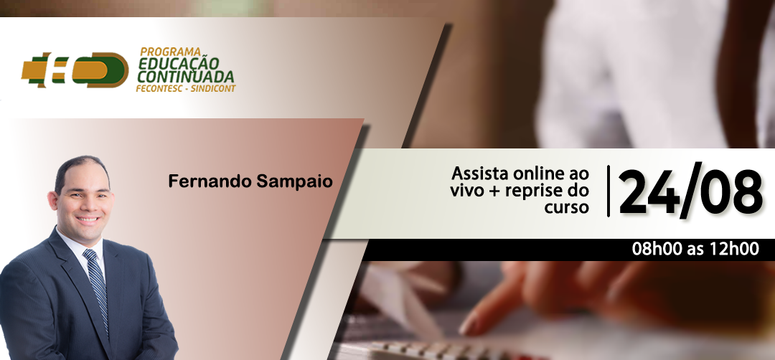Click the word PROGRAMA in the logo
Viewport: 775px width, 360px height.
coord(170,52)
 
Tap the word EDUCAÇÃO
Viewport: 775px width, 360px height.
coord(179,64)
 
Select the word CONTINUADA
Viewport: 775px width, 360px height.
coord(186,77)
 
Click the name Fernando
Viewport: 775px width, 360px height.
coord(210,181)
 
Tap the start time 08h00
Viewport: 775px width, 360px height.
coord(657,250)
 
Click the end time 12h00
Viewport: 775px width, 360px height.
coord(734,250)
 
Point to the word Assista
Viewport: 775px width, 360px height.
coord(480,174)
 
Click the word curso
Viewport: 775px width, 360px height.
coord(567,207)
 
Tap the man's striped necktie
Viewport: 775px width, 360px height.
coord(97,290)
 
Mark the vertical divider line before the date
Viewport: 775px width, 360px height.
coord(609,191)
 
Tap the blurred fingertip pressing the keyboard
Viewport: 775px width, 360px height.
coord(469,324)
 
